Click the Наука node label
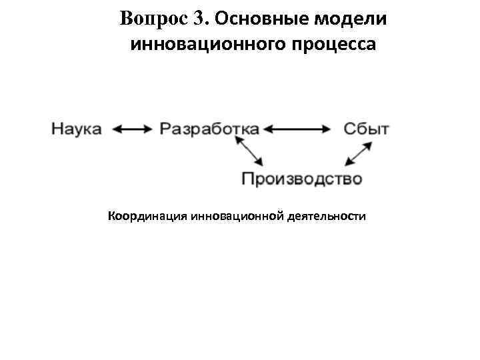[x=77, y=129]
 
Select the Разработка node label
[x=209, y=129]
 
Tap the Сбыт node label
[x=367, y=129]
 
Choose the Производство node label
[x=301, y=179]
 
